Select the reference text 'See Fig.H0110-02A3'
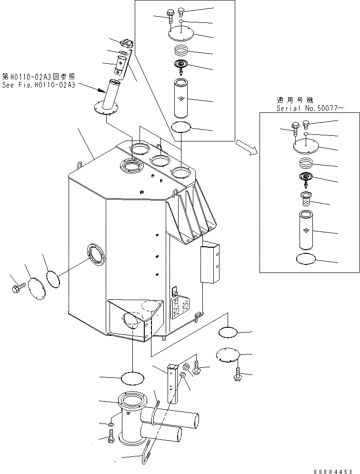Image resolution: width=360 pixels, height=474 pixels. click(x=39, y=84)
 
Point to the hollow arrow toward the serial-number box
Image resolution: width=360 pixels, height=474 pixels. click(x=248, y=147)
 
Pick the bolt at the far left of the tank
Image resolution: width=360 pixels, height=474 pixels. click(x=17, y=287)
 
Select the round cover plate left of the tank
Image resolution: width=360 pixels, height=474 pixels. click(x=36, y=287)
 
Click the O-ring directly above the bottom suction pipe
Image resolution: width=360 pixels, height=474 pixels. click(x=132, y=378)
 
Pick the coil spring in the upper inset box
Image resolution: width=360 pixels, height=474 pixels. click(x=180, y=49)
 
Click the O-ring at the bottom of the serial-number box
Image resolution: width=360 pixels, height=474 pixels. click(x=306, y=259)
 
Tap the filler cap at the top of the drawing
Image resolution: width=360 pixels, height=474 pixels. click(x=126, y=44)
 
